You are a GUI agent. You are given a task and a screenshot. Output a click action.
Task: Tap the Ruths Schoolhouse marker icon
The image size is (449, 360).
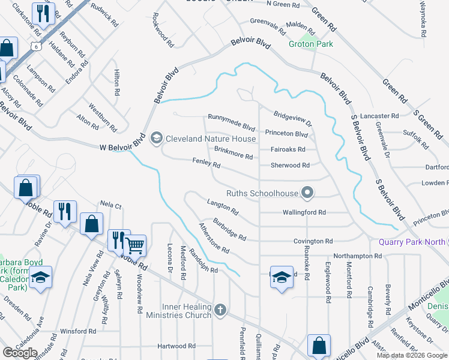point(308,193)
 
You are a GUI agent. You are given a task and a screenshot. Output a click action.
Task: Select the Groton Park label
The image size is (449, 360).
point(311,44)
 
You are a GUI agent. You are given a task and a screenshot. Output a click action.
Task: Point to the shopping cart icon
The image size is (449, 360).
point(136,244)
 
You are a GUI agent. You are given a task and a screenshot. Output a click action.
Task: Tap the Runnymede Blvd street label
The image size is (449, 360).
point(232,118)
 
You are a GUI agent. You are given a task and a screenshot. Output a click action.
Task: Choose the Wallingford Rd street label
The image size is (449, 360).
point(304,212)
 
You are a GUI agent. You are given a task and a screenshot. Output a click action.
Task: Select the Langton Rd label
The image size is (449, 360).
point(223,208)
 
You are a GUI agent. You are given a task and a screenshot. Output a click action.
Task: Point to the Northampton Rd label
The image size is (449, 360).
point(358,256)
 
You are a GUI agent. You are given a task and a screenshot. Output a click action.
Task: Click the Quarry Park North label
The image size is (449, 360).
point(411,242)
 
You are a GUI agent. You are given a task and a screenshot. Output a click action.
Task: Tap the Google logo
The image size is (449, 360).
point(20,352)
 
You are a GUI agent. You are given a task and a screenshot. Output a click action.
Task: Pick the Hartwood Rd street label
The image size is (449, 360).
point(176,346)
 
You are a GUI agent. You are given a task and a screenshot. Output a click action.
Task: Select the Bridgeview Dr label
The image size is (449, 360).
point(293,119)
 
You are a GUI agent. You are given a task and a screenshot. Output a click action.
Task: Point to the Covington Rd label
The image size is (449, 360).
point(313,241)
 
